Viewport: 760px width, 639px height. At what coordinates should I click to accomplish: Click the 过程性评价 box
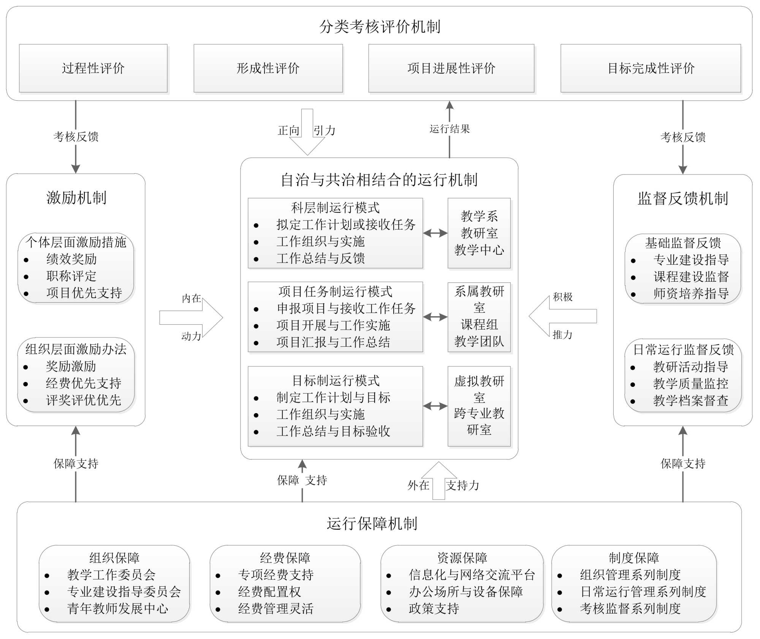point(93,68)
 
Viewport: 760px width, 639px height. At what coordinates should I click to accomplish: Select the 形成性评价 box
point(268,68)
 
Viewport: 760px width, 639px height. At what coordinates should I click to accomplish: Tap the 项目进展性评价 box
point(451,68)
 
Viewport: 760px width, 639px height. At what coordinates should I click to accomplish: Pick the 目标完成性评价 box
point(651,68)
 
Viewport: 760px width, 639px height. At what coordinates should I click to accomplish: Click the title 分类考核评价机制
point(380,27)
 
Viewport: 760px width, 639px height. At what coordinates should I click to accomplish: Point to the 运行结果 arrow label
point(450,129)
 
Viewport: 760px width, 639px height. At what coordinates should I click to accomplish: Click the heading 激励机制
point(76,198)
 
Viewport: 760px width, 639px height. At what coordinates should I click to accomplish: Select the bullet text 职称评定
point(71,276)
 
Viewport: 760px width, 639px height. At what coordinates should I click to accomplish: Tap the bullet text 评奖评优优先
point(83,400)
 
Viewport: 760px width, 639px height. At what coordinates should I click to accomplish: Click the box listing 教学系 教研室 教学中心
point(479,233)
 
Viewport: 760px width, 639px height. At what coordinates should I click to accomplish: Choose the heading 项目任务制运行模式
point(335,292)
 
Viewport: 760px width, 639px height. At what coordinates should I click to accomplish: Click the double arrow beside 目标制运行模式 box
point(435,406)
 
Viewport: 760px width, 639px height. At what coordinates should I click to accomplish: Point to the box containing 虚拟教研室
point(479,406)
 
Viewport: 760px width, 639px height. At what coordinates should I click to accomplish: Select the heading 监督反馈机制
point(682,199)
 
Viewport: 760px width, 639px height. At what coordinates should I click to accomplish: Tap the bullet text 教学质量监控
point(690,383)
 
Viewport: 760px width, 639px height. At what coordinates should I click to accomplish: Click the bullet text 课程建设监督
point(691,276)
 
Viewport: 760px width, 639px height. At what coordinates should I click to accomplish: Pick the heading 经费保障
point(285,558)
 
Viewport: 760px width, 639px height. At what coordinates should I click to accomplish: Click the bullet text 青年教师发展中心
point(117,608)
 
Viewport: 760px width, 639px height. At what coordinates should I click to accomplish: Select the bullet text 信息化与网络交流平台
point(472,575)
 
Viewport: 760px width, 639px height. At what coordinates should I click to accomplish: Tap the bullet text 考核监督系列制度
point(630,608)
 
